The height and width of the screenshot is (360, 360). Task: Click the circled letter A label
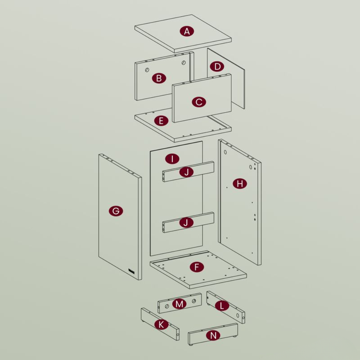coord(187,31)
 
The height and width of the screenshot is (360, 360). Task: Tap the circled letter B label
coord(159,78)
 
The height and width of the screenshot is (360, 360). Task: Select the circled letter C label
coord(199,102)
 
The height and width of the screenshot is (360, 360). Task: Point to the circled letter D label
coord(217,67)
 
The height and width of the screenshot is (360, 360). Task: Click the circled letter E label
coord(161,121)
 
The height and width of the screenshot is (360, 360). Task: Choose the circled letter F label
coord(197,267)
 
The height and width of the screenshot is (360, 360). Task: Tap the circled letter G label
coord(116,211)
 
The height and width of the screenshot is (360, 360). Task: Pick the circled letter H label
coord(240,184)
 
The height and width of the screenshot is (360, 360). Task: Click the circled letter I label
coord(172,159)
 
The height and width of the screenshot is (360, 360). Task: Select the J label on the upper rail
coord(186,172)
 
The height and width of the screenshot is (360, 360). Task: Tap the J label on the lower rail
coord(186,222)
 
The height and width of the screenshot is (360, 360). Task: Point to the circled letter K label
coord(161,325)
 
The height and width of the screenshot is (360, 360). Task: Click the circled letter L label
coord(222,306)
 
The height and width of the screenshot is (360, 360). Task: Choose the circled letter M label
coord(179,304)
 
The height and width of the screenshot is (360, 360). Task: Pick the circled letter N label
coord(213,336)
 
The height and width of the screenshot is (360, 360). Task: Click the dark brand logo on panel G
coord(131,271)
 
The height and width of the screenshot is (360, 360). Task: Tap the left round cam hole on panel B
coord(147,70)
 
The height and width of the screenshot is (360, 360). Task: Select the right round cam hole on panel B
coord(184,62)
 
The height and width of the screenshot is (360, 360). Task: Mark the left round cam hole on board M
coord(167,306)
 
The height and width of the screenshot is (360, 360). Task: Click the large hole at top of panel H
coord(225,152)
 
